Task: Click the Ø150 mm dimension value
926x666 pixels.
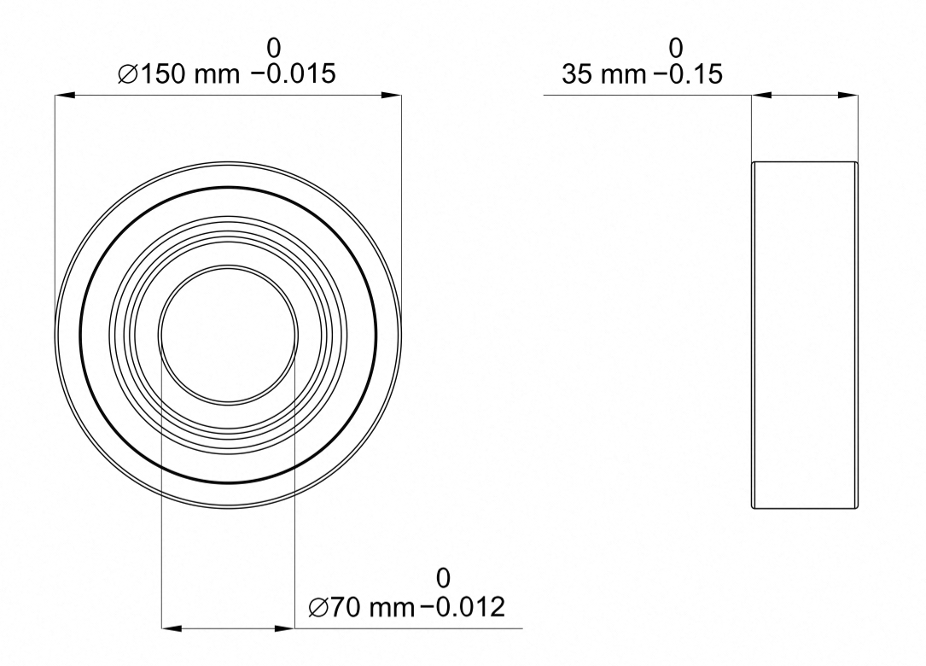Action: click(x=179, y=74)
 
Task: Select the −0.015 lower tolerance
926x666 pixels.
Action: click(x=294, y=74)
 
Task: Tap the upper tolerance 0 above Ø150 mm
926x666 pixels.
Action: click(x=273, y=48)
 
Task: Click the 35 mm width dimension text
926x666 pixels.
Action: click(x=603, y=74)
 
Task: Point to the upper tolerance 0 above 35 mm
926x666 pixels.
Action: click(x=676, y=48)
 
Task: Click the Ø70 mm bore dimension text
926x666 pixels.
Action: click(x=361, y=607)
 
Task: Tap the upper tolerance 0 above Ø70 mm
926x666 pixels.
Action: click(x=443, y=578)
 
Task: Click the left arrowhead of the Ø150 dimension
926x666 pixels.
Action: click(x=65, y=95)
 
